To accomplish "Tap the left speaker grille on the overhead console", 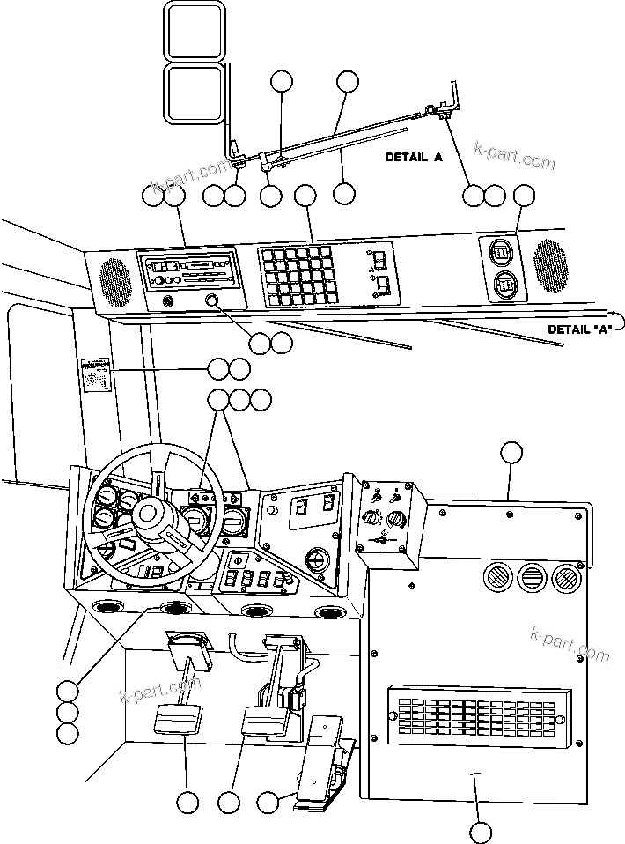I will (114, 278).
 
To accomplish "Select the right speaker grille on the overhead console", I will (551, 266).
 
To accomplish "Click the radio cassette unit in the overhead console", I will (187, 270).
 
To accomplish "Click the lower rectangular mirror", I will (193, 94).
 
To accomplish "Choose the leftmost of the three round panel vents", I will (496, 578).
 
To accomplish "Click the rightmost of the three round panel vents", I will (564, 578).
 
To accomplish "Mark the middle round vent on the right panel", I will (530, 578).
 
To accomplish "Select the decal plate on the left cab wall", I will (95, 374).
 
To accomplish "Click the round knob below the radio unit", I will (212, 303).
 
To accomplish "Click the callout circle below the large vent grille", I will (480, 831).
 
